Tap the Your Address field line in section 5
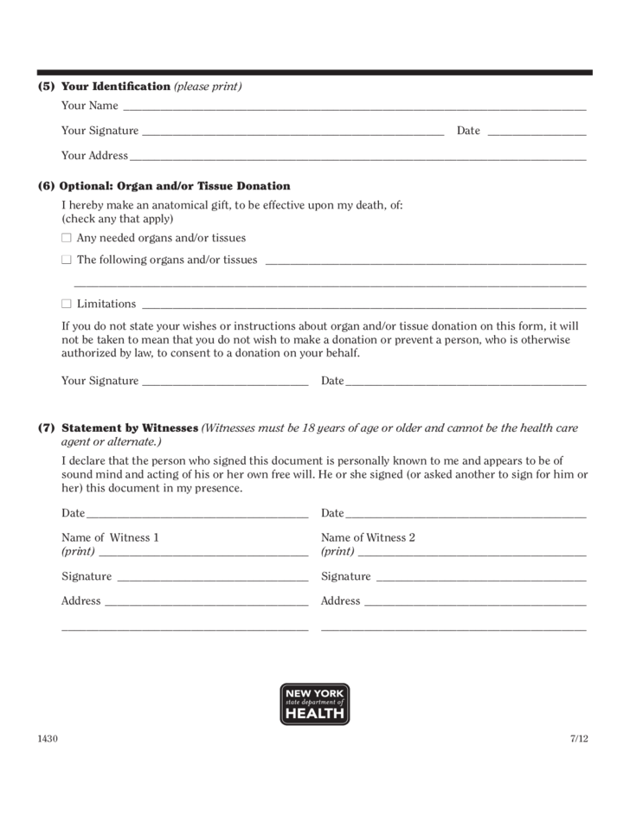(x=357, y=157)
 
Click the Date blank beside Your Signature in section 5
(x=537, y=132)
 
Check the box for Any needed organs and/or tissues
(x=67, y=238)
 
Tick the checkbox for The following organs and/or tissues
(x=67, y=260)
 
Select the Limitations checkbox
(x=67, y=304)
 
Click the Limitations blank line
(x=363, y=305)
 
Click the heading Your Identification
(x=116, y=87)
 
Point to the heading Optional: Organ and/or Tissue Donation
(x=176, y=186)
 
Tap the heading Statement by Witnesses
(x=131, y=428)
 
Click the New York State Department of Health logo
(x=315, y=704)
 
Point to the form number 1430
(x=48, y=739)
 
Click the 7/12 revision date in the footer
(x=579, y=739)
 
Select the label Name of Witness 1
(x=110, y=537)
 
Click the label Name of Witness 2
(x=368, y=537)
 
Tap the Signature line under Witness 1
(x=212, y=578)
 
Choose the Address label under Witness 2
(x=340, y=601)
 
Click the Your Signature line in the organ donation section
(x=224, y=382)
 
